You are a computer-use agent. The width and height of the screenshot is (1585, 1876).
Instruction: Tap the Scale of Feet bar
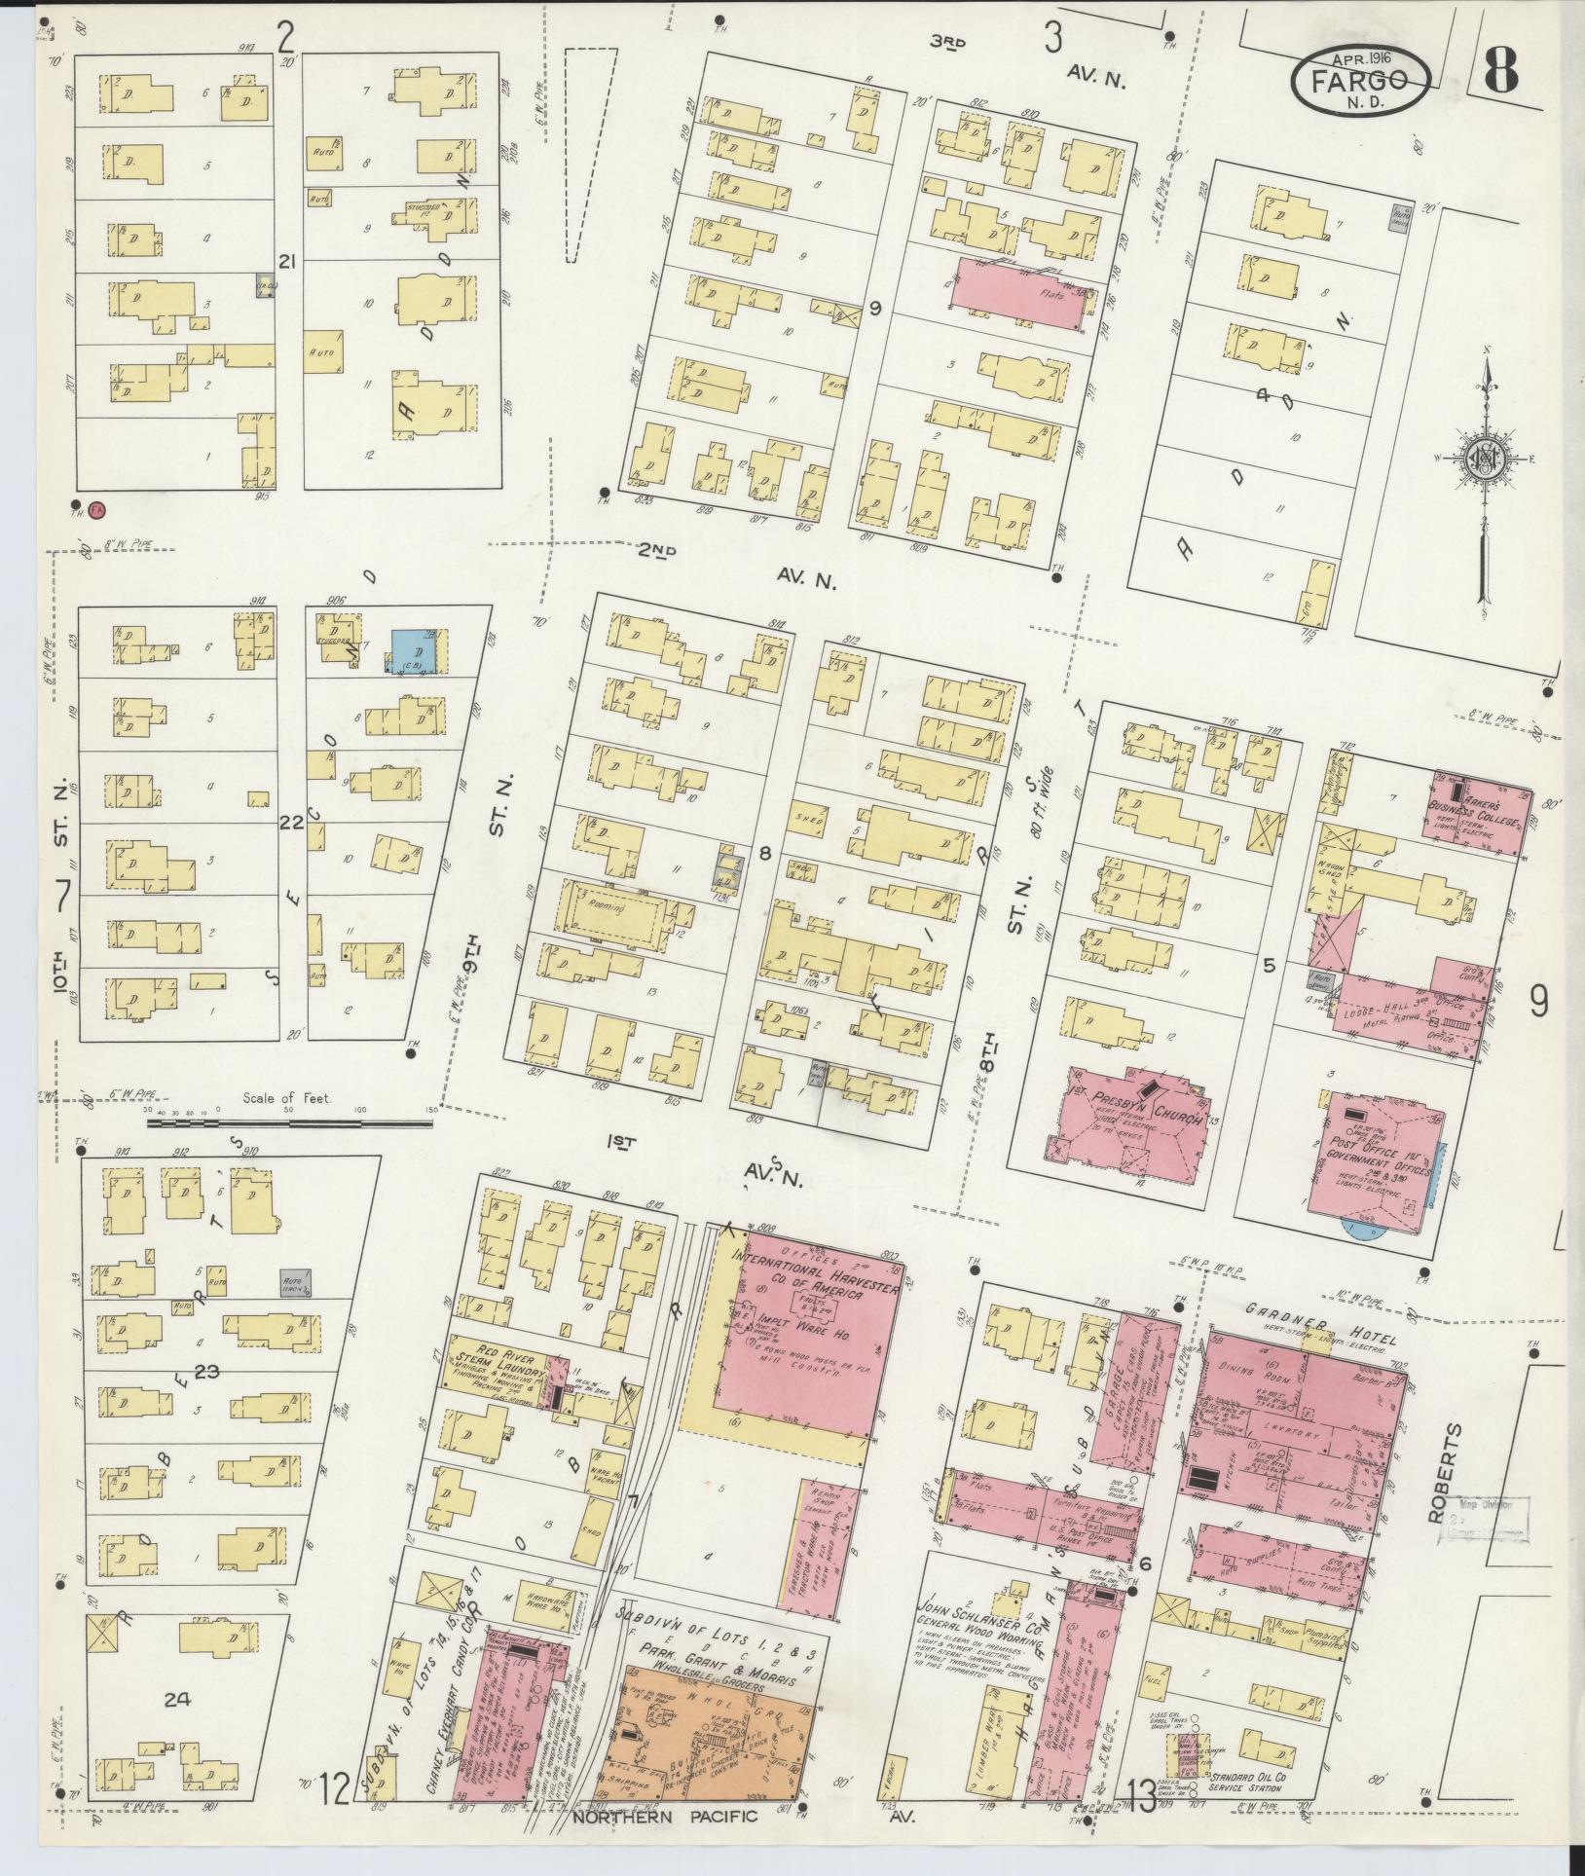click(289, 1122)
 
